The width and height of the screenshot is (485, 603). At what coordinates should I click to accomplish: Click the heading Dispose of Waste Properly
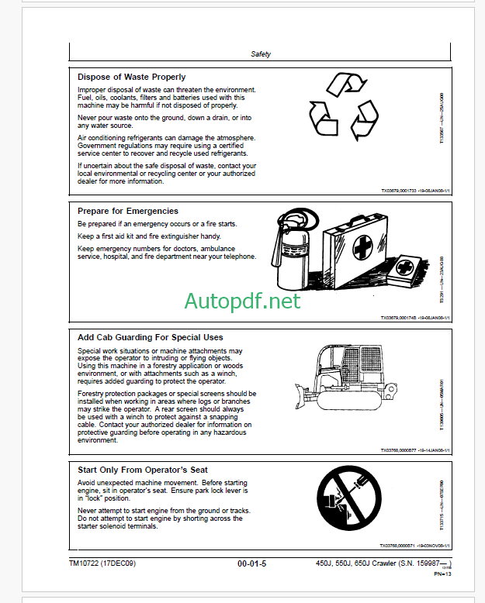132,77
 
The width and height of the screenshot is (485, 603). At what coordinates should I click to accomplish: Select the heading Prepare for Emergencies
128,211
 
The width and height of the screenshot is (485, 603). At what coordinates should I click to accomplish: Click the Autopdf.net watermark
242,301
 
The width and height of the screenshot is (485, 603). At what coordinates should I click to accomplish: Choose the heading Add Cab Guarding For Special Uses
151,337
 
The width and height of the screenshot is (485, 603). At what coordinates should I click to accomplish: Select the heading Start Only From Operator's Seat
143,470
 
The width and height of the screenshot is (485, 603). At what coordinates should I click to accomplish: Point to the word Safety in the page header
262,54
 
